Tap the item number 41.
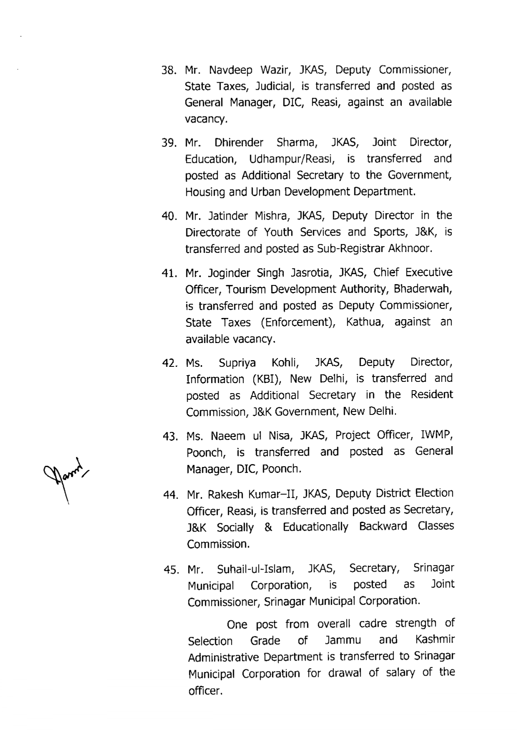coord(169,273)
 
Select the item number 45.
coord(171,570)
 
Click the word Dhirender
coord(239,143)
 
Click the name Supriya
coord(237,363)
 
